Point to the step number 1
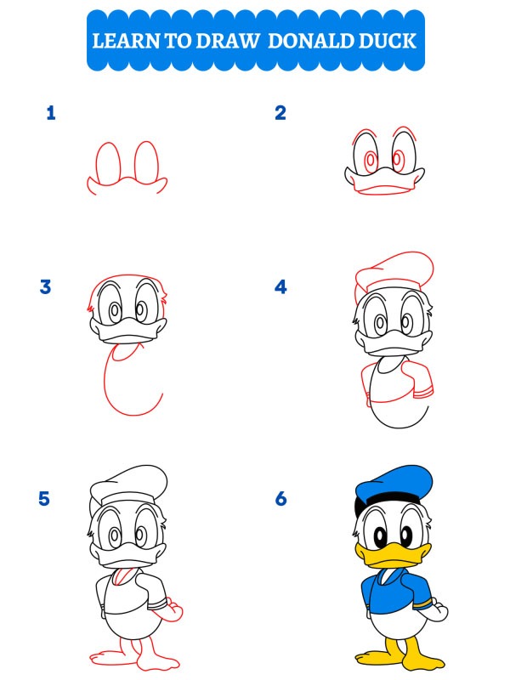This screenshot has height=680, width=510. pyautogui.click(x=51, y=113)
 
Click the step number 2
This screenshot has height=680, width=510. pyautogui.click(x=280, y=113)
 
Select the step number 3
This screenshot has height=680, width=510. pyautogui.click(x=46, y=287)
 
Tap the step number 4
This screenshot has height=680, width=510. pyautogui.click(x=280, y=287)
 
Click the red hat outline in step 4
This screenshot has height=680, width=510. pyautogui.click(x=395, y=272)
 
